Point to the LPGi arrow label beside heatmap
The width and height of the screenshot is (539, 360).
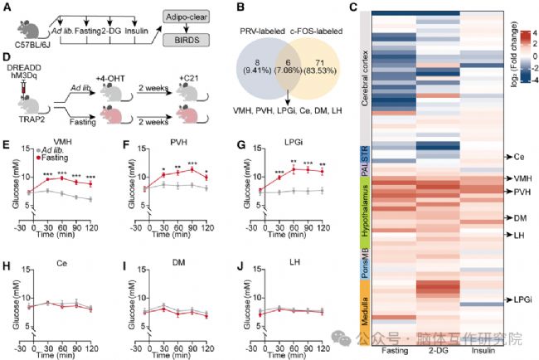[511, 299]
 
